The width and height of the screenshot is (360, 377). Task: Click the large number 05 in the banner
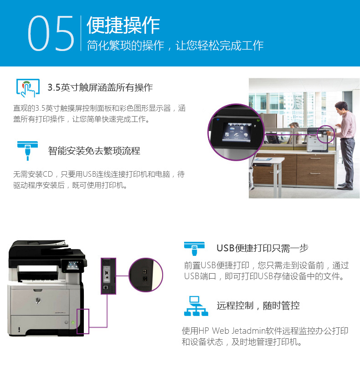[x=51, y=33]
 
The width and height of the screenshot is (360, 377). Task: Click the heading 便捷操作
[x=123, y=25]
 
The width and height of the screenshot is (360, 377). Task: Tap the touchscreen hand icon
[x=28, y=88]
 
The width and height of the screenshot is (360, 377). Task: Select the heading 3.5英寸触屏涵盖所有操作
[x=100, y=87]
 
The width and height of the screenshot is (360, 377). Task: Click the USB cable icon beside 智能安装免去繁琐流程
[x=28, y=151]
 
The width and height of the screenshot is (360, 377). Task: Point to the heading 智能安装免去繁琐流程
[x=94, y=151]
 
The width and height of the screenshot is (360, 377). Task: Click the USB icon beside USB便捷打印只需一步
[x=194, y=248]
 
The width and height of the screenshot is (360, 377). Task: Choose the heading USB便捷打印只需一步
[x=262, y=248]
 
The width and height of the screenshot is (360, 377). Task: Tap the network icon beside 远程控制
[x=196, y=306]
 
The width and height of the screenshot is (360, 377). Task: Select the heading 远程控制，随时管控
[x=258, y=306]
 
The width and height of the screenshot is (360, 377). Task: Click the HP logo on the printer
[x=38, y=301]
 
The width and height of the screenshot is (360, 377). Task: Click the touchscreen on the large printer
[x=72, y=265]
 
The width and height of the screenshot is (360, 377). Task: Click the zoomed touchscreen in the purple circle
[x=237, y=132]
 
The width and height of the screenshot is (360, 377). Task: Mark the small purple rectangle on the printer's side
[x=83, y=321]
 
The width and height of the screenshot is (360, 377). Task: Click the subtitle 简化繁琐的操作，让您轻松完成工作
[x=175, y=46]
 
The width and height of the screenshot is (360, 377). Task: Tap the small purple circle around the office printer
[x=325, y=134]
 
